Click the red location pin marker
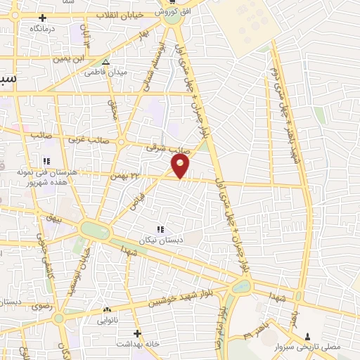pyautogui.click(x=181, y=167)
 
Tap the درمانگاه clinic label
pyautogui.click(x=43, y=30)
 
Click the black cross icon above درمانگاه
pyautogui.click(x=42, y=18)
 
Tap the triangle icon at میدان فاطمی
pyautogui.click(x=106, y=61)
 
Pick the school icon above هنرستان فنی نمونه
pyautogui.click(x=46, y=159)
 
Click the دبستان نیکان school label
pyautogui.click(x=163, y=240)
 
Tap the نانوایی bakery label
pyautogui.click(x=107, y=320)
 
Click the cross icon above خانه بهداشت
pyautogui.click(x=137, y=333)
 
